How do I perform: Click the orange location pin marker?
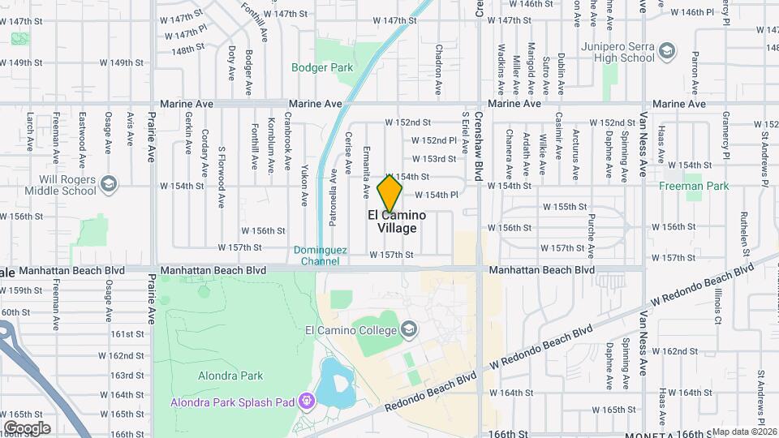tap(390, 193)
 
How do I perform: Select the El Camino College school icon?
tap(409, 329)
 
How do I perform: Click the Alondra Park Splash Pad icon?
tap(306, 401)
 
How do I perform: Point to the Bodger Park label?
tap(322, 67)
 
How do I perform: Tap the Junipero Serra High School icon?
tap(667, 51)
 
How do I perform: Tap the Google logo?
tap(27, 427)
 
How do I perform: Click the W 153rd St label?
tap(433, 159)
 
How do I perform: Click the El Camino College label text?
tap(351, 330)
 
